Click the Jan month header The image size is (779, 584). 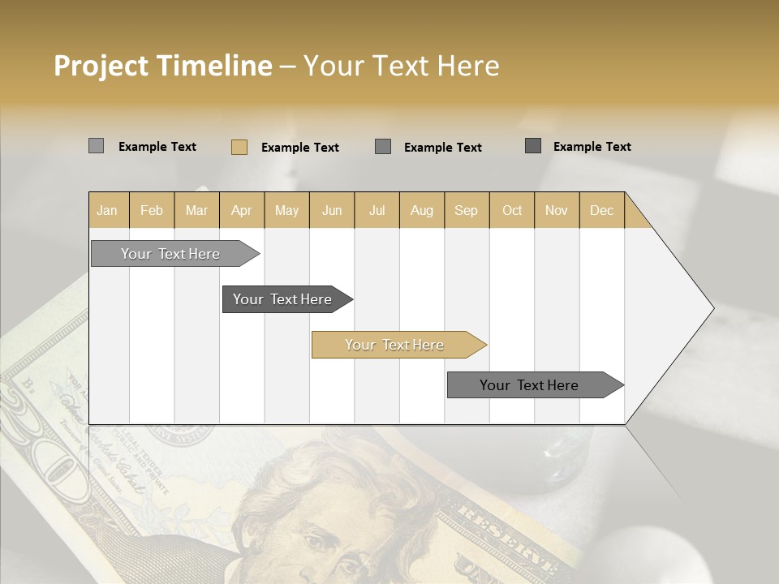[x=108, y=210]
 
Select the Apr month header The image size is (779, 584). [x=242, y=210]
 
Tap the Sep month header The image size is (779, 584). [x=466, y=210]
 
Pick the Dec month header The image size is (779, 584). [x=601, y=210]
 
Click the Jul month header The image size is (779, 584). [x=377, y=210]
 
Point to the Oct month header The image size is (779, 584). [x=512, y=210]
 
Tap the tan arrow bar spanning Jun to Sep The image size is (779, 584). [x=395, y=345]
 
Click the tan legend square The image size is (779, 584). [x=239, y=147]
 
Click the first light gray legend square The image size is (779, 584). [x=96, y=146]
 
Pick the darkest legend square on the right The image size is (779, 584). [x=533, y=146]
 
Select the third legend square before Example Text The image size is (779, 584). [x=383, y=147]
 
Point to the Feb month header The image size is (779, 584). [x=152, y=210]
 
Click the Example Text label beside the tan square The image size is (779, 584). [x=299, y=148]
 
